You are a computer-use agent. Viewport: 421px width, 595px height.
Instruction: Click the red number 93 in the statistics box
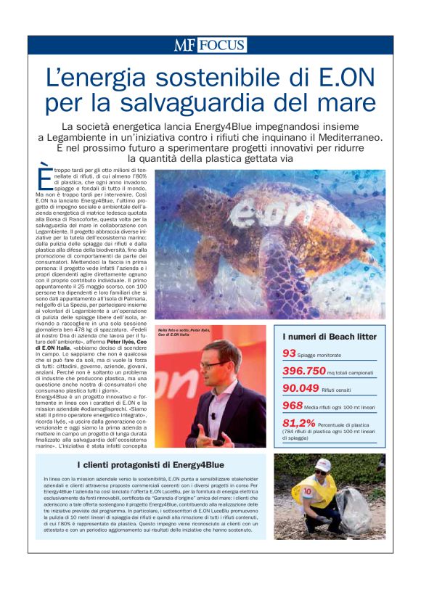tap(289, 353)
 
